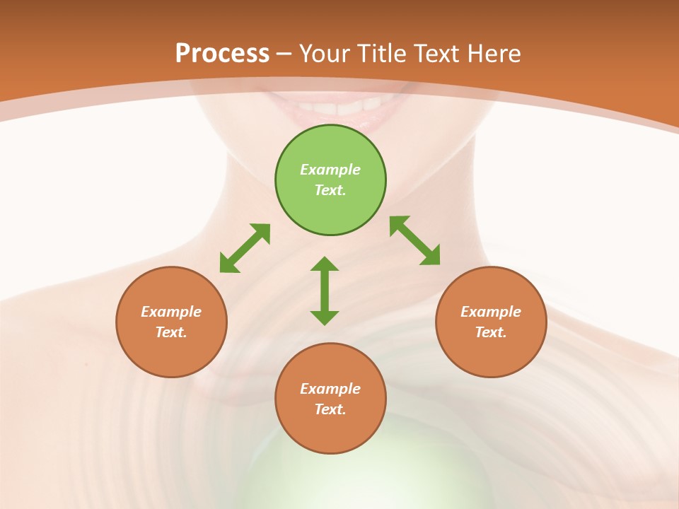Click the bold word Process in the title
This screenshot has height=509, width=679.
tap(222, 54)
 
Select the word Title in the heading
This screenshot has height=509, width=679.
tap(384, 54)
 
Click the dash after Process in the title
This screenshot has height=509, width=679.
tap(284, 54)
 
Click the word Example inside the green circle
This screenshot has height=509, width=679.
tap(330, 170)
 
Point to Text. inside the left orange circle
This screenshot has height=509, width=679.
tap(171, 332)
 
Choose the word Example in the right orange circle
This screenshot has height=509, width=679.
tap(491, 312)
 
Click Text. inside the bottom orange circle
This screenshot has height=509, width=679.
tap(330, 409)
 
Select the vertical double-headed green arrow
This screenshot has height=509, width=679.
tap(325, 291)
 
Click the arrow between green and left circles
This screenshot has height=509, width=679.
tap(245, 248)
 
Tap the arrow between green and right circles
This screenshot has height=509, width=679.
tap(415, 240)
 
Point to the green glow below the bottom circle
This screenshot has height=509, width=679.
tap(330, 481)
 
